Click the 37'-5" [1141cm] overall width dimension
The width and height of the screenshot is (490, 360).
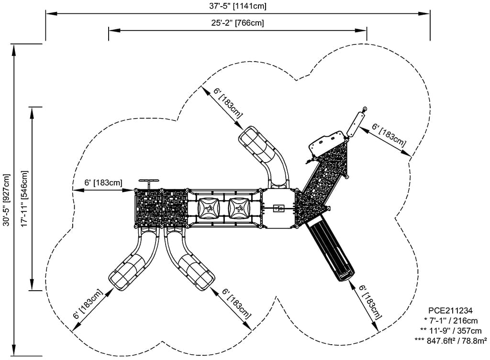click(238, 6)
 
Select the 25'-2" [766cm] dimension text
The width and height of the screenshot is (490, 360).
click(238, 23)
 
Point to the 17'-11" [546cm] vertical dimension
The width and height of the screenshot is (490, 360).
click(24, 198)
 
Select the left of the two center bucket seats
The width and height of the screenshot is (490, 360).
click(210, 208)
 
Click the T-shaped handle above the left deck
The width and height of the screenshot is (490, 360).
click(149, 182)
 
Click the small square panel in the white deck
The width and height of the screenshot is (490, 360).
click(279, 208)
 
